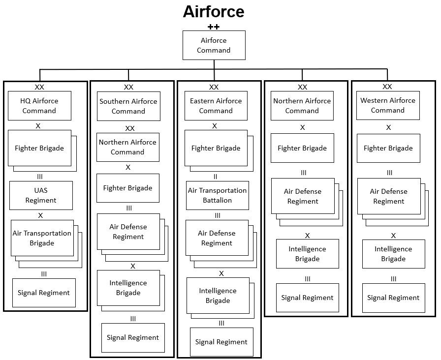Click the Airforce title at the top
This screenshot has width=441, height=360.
click(x=213, y=11)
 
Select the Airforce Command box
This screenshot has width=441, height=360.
click(x=214, y=45)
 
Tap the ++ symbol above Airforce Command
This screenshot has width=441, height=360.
click(x=214, y=27)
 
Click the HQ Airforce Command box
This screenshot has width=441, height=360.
click(x=39, y=106)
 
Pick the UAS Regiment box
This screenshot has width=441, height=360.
click(x=41, y=195)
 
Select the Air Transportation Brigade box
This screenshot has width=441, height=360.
click(x=42, y=238)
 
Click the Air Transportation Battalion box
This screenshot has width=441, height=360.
click(x=217, y=195)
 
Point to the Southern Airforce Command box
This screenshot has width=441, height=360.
click(x=128, y=106)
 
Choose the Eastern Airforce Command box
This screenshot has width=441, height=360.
click(x=216, y=106)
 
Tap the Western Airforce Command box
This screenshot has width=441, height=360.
click(x=388, y=105)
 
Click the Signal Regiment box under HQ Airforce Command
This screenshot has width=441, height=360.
click(x=44, y=293)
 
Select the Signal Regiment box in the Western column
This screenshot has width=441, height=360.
click(x=393, y=298)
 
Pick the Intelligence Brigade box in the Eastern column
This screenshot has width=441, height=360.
click(x=218, y=296)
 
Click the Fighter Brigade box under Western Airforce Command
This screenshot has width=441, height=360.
click(x=388, y=148)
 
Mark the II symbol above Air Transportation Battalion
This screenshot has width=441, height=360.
click(x=215, y=177)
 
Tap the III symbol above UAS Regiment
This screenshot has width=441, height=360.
click(x=40, y=176)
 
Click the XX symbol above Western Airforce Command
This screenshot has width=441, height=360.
click(x=387, y=87)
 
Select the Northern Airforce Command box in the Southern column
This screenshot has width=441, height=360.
click(x=127, y=147)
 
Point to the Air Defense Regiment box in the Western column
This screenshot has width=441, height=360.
click(x=388, y=196)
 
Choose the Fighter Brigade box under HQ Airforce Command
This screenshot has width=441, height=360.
click(x=39, y=148)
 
